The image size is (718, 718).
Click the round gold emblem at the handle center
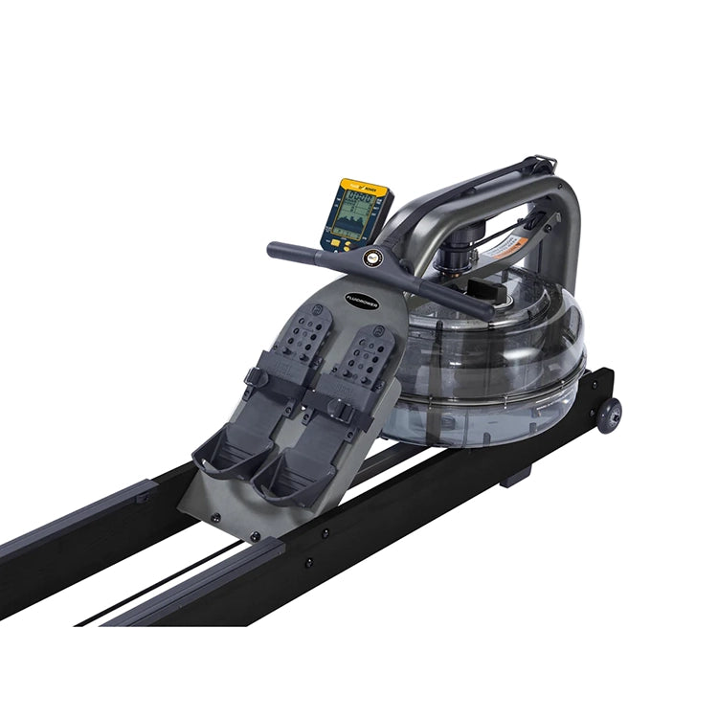point(370,257)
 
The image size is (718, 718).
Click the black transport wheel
point(609,415)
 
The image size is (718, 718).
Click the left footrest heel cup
point(219,456)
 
